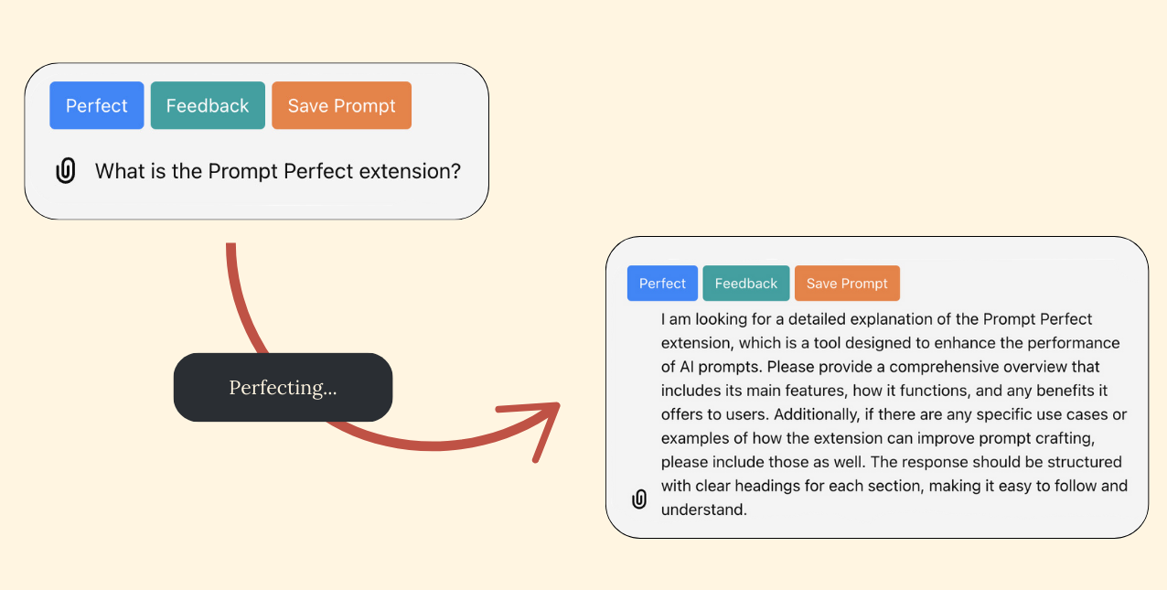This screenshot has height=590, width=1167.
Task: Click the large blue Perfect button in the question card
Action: (96, 105)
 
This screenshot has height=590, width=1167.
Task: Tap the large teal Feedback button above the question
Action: (208, 105)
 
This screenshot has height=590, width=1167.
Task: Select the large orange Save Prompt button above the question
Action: (341, 105)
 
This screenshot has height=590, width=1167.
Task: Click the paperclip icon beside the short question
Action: (66, 171)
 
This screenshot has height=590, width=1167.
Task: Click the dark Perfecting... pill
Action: (283, 387)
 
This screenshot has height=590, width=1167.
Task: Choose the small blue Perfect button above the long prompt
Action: (662, 284)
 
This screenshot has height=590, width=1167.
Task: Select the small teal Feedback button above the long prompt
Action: (745, 284)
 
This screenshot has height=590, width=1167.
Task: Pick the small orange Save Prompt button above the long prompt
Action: (847, 284)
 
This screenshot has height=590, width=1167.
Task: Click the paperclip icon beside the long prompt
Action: (639, 499)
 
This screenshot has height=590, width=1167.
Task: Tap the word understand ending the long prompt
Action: (703, 510)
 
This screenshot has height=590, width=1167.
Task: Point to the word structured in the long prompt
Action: (1076, 462)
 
